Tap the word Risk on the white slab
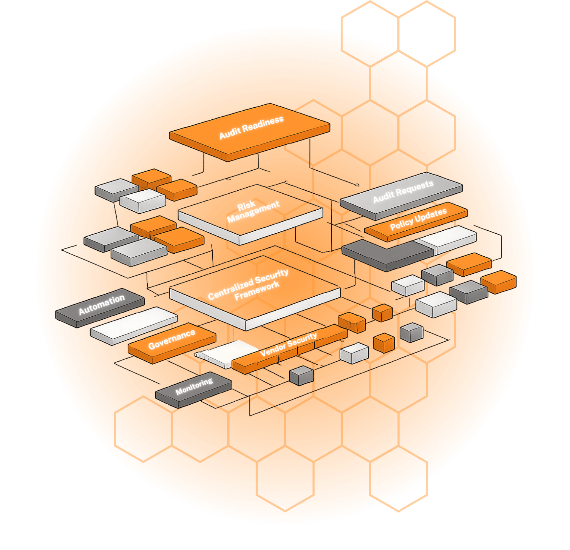pyautogui.click(x=246, y=206)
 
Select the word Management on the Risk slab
pyautogui.click(x=253, y=212)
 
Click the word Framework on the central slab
pyautogui.click(x=257, y=291)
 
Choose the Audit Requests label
pyautogui.click(x=403, y=192)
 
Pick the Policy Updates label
pyautogui.click(x=418, y=219)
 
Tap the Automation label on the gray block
pyautogui.click(x=102, y=305)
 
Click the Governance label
pyautogui.click(x=172, y=339)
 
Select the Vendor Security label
pyautogui.click(x=288, y=344)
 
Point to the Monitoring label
pyautogui.click(x=194, y=387)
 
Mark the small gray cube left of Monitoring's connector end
pyautogui.click(x=302, y=375)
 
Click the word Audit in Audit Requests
pyautogui.click(x=383, y=197)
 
